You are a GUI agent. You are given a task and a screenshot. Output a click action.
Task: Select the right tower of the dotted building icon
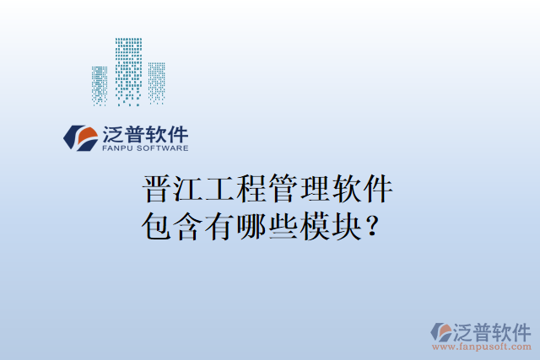[x=157, y=83]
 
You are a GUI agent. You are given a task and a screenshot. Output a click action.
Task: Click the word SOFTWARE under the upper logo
[x=163, y=148]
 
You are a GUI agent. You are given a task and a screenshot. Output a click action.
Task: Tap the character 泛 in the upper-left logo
[x=113, y=133]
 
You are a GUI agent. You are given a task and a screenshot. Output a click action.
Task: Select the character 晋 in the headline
[x=158, y=190]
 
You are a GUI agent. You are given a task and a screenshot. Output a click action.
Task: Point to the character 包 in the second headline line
[x=158, y=226]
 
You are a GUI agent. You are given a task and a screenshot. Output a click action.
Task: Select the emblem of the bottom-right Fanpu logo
[x=442, y=332]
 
